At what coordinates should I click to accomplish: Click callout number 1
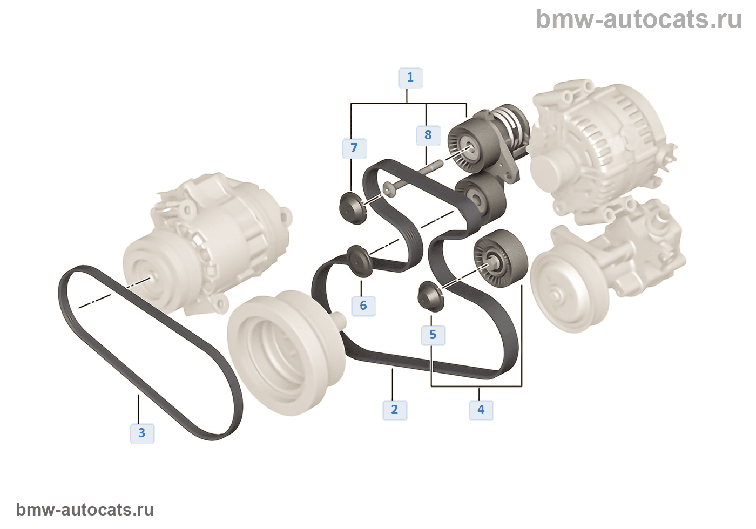(x=410, y=78)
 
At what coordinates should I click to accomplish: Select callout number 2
(x=394, y=410)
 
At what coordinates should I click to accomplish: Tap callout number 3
(x=142, y=433)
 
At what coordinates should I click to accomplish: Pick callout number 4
(x=481, y=410)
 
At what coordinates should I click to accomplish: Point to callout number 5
(x=433, y=335)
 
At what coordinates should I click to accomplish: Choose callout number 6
(x=363, y=306)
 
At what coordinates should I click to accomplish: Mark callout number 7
(x=354, y=148)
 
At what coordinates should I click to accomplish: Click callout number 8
(x=428, y=135)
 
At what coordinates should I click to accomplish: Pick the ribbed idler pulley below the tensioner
(x=499, y=258)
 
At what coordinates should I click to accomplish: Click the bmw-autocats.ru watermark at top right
(x=638, y=19)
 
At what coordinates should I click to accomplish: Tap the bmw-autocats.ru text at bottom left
(x=85, y=510)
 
